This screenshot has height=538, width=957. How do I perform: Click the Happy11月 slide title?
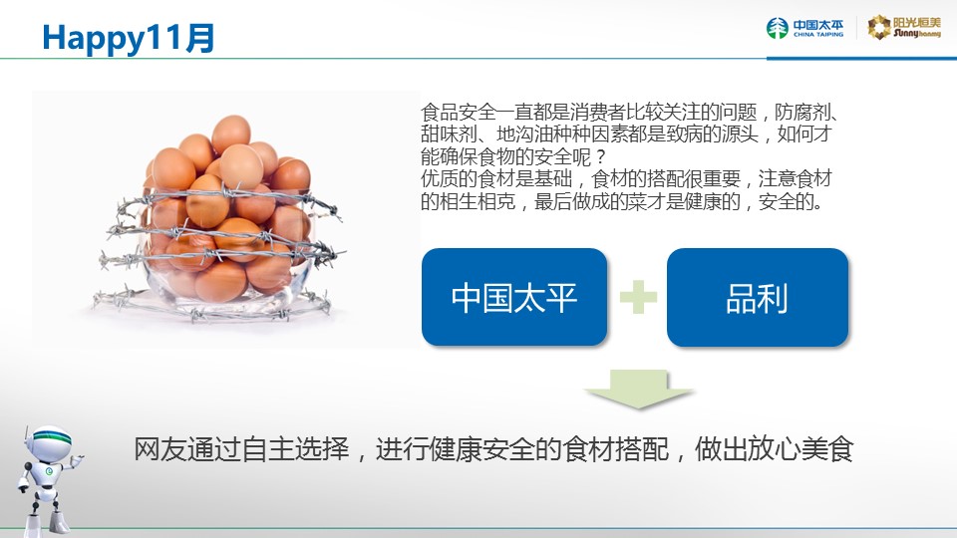tap(129, 38)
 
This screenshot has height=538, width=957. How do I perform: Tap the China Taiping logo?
tap(804, 28)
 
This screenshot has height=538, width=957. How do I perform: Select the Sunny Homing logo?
tap(904, 28)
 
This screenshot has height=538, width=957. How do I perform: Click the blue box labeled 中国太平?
tap(514, 297)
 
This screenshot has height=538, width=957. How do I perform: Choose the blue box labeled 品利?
tap(758, 297)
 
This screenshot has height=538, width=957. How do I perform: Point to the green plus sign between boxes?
tap(638, 297)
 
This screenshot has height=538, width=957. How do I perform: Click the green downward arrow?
tap(638, 389)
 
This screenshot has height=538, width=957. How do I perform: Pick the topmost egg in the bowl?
tap(231, 133)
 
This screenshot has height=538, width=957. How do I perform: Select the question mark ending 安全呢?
tap(600, 157)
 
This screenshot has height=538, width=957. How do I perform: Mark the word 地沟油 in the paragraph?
tap(524, 134)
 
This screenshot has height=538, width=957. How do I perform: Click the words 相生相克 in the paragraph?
tap(478, 201)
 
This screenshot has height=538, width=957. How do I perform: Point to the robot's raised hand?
tap(77, 460)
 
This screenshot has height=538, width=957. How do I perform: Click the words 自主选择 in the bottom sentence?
tap(295, 449)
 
